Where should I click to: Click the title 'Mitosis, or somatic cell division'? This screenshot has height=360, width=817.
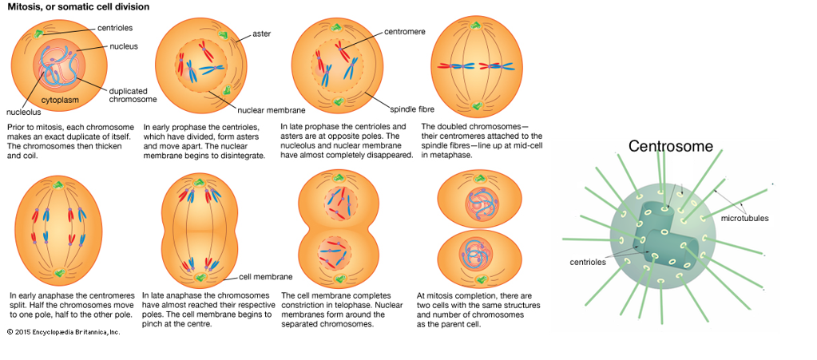78,7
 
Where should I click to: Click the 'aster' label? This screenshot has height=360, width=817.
261,34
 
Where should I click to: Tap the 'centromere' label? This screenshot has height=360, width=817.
404,32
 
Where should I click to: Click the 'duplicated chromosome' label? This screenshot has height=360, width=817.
133,95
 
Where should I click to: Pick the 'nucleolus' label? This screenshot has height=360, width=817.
23,113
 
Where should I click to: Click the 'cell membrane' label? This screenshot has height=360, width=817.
266,277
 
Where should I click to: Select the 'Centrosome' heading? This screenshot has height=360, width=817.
670,147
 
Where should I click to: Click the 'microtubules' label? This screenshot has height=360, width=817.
744,218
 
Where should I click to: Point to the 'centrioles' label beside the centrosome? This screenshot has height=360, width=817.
587,261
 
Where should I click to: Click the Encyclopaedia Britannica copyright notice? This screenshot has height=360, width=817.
64,331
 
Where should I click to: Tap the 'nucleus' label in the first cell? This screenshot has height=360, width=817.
124,46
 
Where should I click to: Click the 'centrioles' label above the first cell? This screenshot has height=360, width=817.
113,29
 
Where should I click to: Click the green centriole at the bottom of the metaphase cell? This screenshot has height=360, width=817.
477,105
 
